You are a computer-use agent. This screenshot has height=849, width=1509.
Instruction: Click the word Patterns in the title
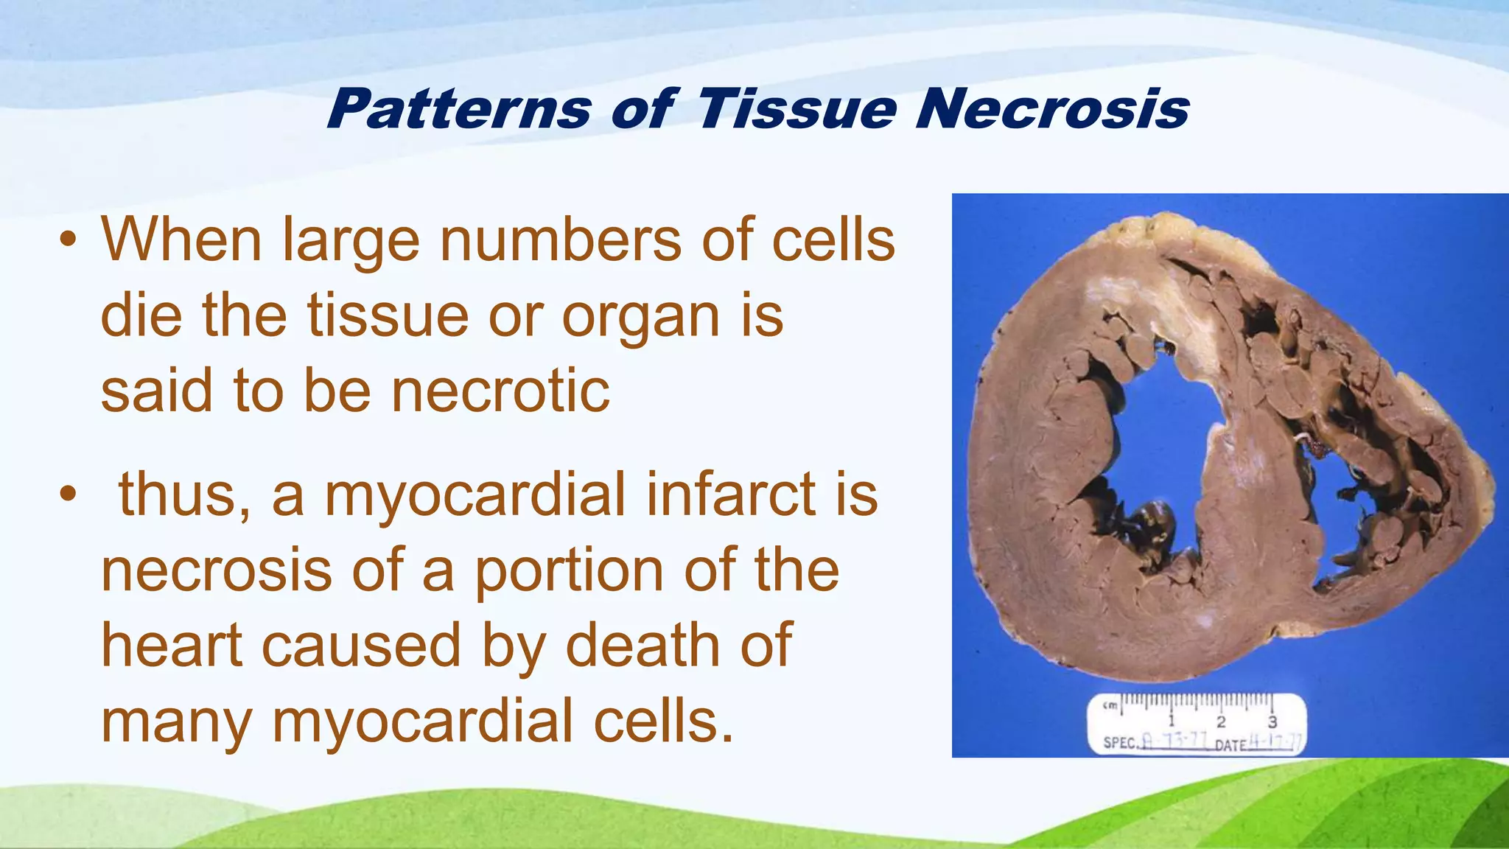pos(458,109)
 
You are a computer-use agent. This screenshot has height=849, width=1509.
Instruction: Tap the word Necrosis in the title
pos(1051,109)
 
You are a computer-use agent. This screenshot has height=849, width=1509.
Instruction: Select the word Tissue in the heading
pos(796,109)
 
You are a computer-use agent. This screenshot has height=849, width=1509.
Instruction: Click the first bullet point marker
pos(68,240)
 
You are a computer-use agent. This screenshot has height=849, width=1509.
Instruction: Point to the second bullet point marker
pos(68,495)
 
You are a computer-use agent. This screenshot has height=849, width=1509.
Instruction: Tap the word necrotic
pos(500,391)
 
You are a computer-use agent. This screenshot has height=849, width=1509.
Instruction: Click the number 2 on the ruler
pos(1221,722)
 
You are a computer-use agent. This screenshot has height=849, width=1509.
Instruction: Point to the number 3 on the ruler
pos(1272,722)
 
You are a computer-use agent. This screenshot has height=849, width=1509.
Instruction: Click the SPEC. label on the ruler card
pos(1121,743)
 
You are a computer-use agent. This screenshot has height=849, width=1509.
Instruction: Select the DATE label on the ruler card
pos(1230,744)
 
